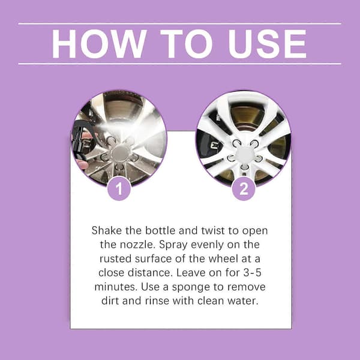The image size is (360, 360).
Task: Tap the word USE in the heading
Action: coord(267,44)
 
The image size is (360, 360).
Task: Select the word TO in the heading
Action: coord(187,44)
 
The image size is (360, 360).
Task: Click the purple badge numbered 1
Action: coord(119,189)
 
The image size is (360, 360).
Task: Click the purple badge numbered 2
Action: coord(244,189)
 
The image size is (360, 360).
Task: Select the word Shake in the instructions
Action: coord(107,230)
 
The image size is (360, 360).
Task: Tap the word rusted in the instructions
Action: coord(116,259)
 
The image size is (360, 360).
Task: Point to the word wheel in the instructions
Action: coord(221,259)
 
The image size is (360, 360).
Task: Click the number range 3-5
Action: coord(253,273)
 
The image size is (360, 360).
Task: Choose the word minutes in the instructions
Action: coord(116,287)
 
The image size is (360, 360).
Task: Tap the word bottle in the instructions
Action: coord(160,230)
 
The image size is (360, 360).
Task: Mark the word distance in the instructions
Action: coord(150,273)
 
